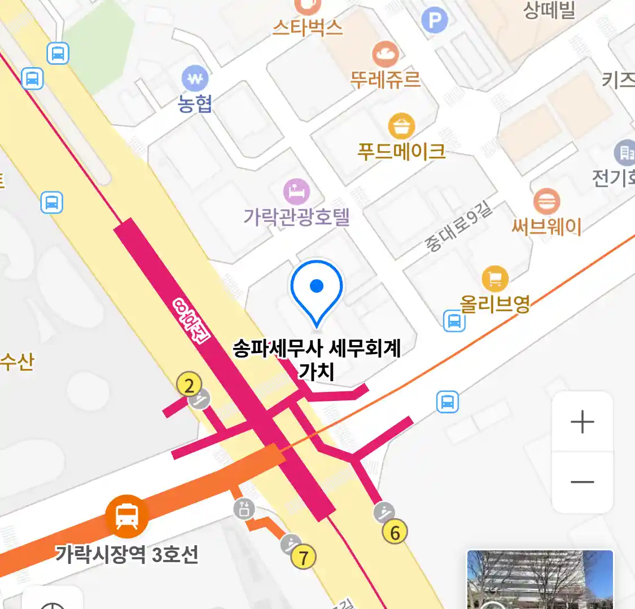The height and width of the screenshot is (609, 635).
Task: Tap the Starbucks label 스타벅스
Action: tap(308, 27)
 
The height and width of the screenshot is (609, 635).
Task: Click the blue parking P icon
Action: tap(434, 21)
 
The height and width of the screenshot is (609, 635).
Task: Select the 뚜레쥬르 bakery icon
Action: tap(386, 54)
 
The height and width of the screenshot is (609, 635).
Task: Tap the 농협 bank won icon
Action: tap(195, 79)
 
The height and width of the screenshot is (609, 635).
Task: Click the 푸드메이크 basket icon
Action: tap(401, 126)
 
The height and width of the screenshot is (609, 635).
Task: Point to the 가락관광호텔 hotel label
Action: tap(296, 217)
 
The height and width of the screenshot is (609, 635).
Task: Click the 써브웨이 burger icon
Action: tap(546, 201)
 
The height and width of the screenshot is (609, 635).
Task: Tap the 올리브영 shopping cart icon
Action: tap(495, 279)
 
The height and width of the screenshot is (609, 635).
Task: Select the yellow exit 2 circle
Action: tap(189, 385)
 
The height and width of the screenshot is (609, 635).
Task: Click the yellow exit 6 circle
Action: tap(395, 532)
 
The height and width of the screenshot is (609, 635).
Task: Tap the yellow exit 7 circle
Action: tap(303, 557)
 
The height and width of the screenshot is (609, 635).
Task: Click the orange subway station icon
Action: tap(127, 516)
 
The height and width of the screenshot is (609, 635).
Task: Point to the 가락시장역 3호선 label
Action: tap(127, 555)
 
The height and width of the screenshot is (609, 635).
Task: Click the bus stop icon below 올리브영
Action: tap(454, 321)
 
